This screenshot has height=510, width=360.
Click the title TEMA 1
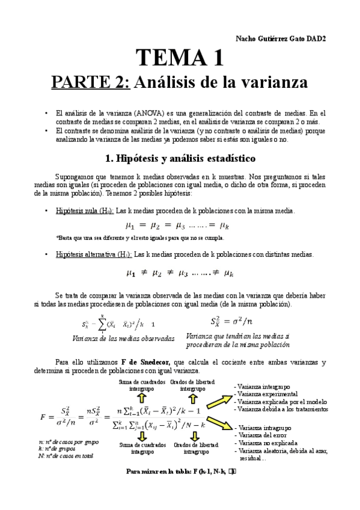coord(180,58)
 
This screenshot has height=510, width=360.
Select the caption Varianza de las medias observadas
coord(123,338)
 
